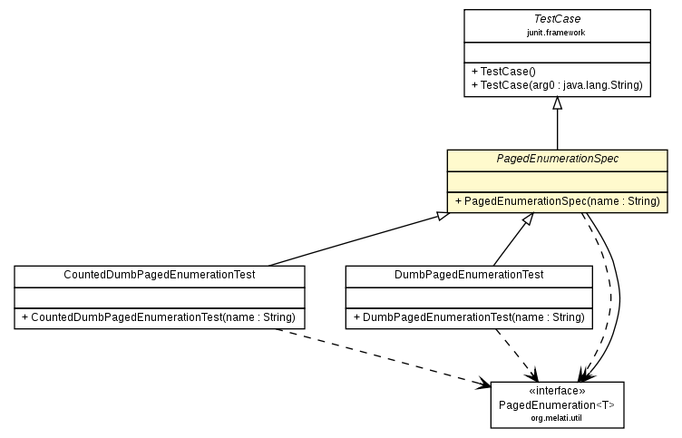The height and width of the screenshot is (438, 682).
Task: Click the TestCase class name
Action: (x=557, y=18)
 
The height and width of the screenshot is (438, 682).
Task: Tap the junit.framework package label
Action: (x=557, y=32)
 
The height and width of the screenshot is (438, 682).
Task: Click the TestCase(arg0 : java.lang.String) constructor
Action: (x=557, y=84)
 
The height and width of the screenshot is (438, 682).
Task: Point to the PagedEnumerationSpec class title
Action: (x=557, y=159)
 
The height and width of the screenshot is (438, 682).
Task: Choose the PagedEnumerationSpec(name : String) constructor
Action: (x=557, y=200)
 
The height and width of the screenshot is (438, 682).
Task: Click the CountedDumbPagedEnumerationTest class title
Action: (x=159, y=275)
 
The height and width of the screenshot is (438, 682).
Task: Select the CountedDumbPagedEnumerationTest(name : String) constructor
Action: (x=159, y=317)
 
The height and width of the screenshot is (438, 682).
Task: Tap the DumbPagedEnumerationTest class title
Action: (x=468, y=275)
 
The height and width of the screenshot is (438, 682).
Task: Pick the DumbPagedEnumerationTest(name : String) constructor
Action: (x=468, y=317)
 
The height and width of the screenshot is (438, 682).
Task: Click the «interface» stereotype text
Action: (x=557, y=391)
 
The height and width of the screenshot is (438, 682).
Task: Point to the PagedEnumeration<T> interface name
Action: (x=557, y=404)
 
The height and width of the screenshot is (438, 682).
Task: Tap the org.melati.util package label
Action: (x=557, y=418)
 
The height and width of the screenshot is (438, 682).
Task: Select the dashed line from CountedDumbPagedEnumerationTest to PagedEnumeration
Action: (x=381, y=356)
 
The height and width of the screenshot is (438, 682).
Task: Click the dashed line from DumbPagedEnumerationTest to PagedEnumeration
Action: (x=512, y=354)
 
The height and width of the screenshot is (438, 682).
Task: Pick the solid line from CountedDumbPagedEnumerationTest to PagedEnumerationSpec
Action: (x=354, y=239)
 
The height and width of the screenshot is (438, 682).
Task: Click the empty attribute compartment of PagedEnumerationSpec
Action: (x=557, y=180)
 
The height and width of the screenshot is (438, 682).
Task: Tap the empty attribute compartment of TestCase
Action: (x=557, y=51)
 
